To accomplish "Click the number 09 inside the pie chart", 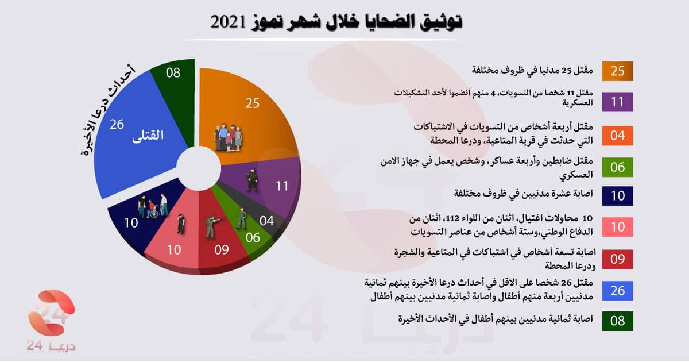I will pyautogui.click(x=222, y=250).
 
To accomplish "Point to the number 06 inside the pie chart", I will pyautogui.click(x=253, y=237).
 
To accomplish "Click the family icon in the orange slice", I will pyautogui.click(x=228, y=137).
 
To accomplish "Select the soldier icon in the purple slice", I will pyautogui.click(x=251, y=179).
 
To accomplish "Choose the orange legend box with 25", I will pyautogui.click(x=618, y=71).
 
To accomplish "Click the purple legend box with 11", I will pyautogui.click(x=618, y=102).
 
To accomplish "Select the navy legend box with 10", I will pyautogui.click(x=618, y=196).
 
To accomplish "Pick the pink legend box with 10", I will pyautogui.click(x=618, y=226).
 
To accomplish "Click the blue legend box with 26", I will pyautogui.click(x=618, y=291).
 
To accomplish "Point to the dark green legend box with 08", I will pyautogui.click(x=618, y=321).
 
